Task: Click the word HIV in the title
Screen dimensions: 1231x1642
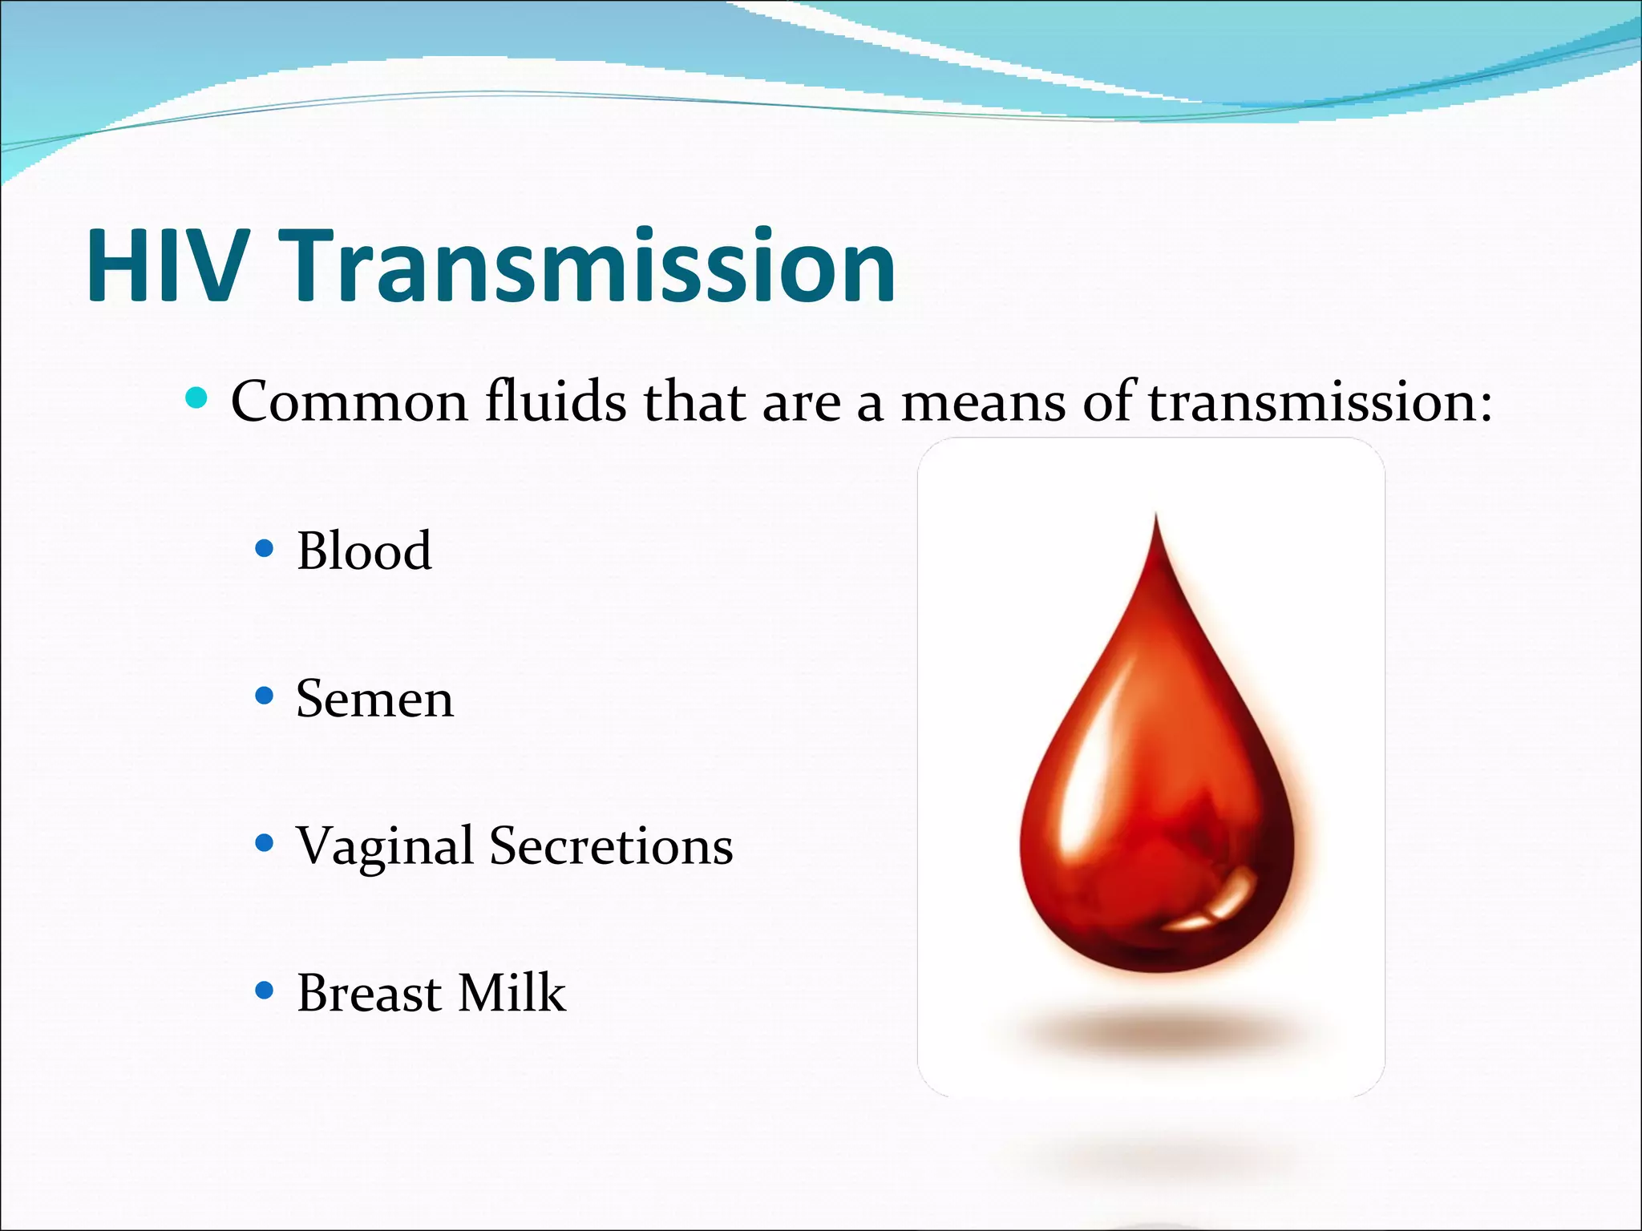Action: point(164,266)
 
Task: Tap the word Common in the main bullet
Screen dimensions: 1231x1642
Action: point(349,402)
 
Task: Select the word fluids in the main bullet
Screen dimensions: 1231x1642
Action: point(556,402)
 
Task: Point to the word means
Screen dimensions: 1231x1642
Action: point(983,403)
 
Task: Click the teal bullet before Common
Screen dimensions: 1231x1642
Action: point(196,398)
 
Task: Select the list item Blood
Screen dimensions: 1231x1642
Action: point(364,551)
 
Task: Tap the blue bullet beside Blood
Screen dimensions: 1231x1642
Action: point(264,549)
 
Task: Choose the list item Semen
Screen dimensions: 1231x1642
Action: point(374,699)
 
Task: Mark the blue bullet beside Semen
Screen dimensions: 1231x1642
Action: point(264,696)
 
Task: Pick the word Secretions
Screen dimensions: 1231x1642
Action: point(611,846)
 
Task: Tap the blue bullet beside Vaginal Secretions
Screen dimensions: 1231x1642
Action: point(264,843)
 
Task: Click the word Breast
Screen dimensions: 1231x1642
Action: point(368,994)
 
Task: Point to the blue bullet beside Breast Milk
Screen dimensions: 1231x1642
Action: point(264,991)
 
